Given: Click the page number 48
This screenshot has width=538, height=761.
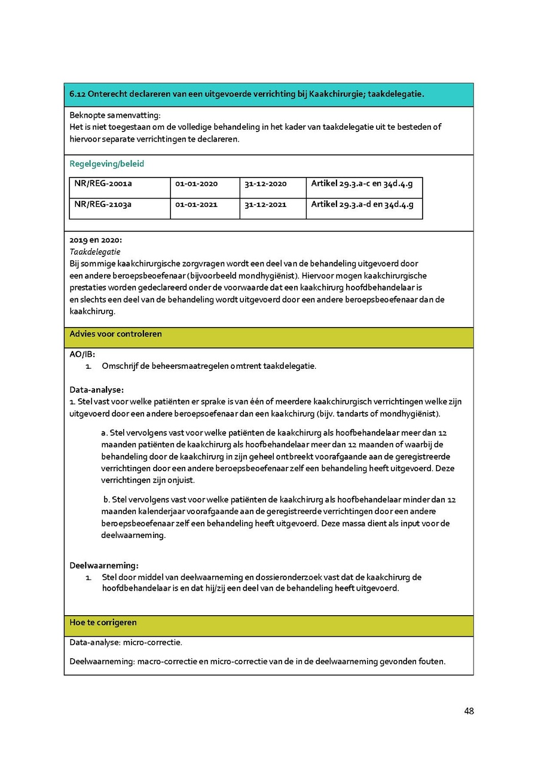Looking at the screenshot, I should coord(469,711).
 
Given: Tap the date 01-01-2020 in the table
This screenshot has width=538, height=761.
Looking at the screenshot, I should coord(197,184).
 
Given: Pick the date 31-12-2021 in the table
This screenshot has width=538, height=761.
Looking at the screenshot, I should coord(265,204).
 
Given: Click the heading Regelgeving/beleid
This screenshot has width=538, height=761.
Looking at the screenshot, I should coord(106,164).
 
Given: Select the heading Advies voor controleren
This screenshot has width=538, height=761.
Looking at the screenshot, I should coord(115,334).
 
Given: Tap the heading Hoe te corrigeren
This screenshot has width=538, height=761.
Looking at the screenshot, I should coord(103,622).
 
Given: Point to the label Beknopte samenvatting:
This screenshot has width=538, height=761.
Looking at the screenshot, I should coord(115,115).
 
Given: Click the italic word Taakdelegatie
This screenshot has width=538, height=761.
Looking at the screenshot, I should coord(95,252).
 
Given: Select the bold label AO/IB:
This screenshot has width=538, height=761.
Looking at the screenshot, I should coord(82,354).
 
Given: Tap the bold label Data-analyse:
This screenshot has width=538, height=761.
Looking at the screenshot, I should coord(96,390).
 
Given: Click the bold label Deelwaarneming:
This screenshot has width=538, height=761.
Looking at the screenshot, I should coord(104,565).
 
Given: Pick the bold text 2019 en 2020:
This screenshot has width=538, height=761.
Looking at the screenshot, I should coord(96,240).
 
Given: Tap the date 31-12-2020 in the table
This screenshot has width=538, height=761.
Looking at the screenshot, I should coord(265,184).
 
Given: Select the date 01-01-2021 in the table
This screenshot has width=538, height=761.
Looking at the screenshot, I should coord(197,204).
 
